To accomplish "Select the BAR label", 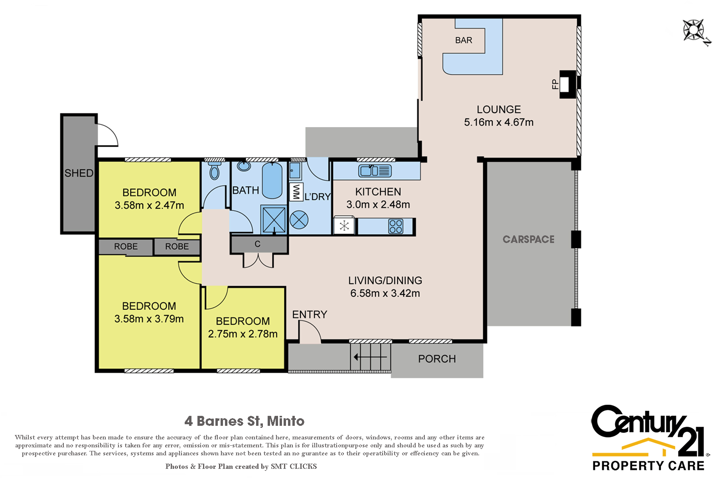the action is [x=464, y=40].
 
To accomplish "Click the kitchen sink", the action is [x=375, y=171].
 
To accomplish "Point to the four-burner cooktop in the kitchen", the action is [x=396, y=226].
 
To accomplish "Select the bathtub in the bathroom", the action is [x=272, y=180].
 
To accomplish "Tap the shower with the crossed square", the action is [x=274, y=219].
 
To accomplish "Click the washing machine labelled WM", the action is [x=296, y=192].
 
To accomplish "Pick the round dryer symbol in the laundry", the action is [x=299, y=220].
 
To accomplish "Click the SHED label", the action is [x=79, y=173].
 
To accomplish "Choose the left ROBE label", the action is [x=126, y=247].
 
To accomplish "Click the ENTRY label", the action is [x=310, y=315].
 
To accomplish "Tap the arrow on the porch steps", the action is [x=371, y=357].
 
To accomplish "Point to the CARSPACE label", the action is [x=529, y=239].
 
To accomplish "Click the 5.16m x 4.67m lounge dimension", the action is [x=499, y=122].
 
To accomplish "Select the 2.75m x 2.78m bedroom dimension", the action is [x=243, y=334].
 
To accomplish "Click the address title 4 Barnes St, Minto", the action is [x=245, y=421].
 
